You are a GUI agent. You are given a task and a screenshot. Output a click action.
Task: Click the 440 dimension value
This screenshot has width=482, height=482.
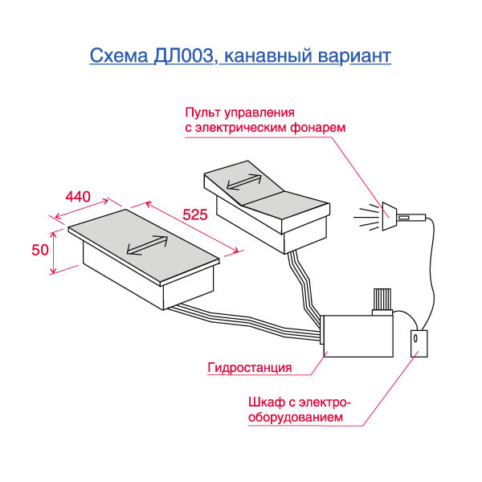pyautogui.click(x=77, y=197)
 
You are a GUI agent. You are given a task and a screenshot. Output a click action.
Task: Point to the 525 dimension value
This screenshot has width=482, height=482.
pyautogui.click(x=195, y=214)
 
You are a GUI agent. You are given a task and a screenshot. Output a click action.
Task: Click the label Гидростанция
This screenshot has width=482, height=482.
pyautogui.click(x=249, y=369)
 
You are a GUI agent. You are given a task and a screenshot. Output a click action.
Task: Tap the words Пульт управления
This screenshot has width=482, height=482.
pyautogui.click(x=241, y=112)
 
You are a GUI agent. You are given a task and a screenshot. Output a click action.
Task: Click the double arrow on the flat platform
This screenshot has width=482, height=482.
pyautogui.click(x=146, y=244)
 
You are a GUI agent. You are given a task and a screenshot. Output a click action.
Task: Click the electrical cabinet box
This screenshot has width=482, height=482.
pyautogui.click(x=421, y=344)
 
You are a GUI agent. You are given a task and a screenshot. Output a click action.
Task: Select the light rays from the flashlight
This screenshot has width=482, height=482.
pyautogui.click(x=366, y=216)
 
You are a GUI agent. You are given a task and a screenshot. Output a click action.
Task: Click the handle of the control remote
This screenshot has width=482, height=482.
pyautogui.click(x=411, y=216)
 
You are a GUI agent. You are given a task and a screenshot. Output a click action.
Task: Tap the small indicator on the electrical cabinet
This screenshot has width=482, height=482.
pyautogui.click(x=416, y=341)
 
